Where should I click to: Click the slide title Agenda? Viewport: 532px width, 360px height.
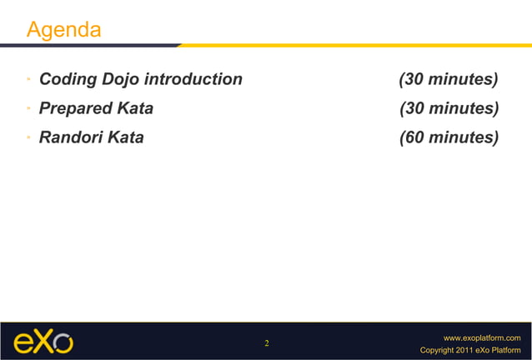point(64,31)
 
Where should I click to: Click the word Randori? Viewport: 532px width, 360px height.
point(72,137)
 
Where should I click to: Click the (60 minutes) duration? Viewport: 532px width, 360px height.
point(449,137)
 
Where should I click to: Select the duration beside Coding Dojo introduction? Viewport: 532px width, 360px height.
point(449,80)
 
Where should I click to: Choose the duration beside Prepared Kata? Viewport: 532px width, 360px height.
point(449,108)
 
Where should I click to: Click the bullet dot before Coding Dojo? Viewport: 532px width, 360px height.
point(28,80)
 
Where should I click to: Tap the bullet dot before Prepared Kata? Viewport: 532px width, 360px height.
point(28,108)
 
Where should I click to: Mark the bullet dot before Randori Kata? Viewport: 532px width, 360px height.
point(28,137)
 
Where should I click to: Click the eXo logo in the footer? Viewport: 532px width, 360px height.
point(43,342)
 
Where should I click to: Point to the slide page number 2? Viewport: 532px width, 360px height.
point(266,343)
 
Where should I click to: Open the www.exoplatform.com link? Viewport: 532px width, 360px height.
point(482,337)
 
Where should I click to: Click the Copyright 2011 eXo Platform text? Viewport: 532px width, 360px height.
point(471,350)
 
